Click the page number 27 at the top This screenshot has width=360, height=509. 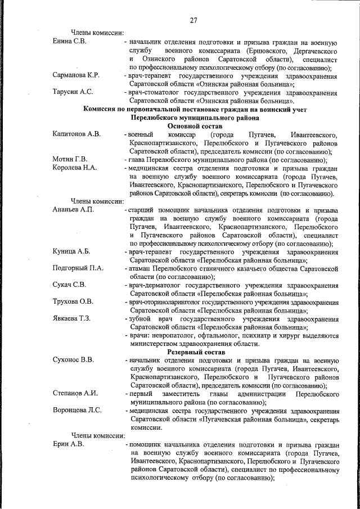pos(193,21)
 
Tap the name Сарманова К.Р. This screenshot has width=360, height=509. pos(76,75)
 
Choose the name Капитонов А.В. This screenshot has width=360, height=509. pos(76,135)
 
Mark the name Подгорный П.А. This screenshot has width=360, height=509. pos(78,268)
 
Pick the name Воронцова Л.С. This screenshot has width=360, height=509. pos(77,409)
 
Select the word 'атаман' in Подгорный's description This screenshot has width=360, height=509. pos(141,268)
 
